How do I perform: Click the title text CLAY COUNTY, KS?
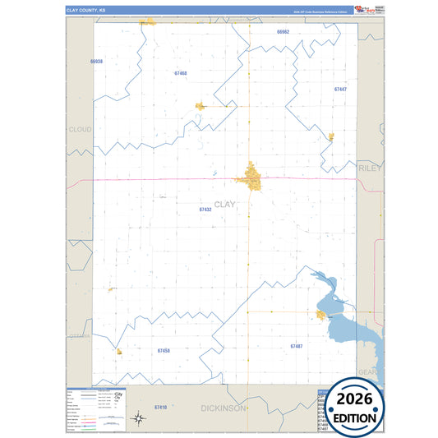(x=86, y=10)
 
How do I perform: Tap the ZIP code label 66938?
(x=97, y=62)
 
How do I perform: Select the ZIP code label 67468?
(x=181, y=73)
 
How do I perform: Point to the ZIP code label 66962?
(x=284, y=31)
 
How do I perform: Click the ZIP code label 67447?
(x=340, y=89)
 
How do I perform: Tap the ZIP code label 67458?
(x=163, y=351)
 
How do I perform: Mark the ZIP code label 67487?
(x=296, y=346)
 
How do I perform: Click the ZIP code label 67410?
(x=160, y=408)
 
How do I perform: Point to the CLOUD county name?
(x=81, y=129)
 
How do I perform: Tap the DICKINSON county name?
(x=224, y=408)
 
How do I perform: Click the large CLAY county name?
(x=224, y=204)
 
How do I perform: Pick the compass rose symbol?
(x=140, y=419)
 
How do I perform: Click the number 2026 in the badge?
(x=355, y=401)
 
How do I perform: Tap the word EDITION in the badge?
(x=355, y=417)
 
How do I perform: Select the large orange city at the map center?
(x=251, y=175)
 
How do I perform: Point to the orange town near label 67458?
(x=119, y=351)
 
